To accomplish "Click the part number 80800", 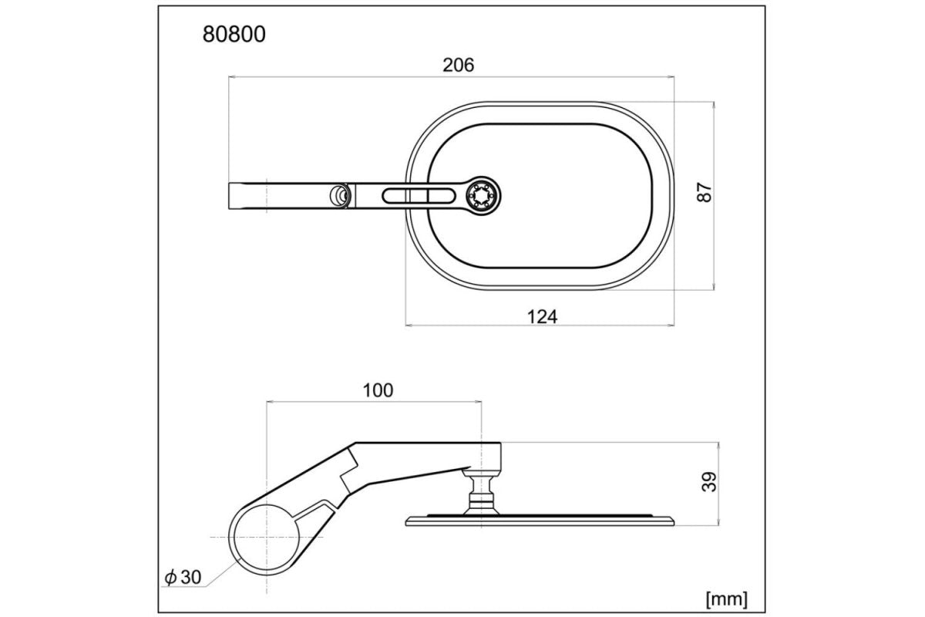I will click(234, 35).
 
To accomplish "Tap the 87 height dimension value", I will click(703, 192).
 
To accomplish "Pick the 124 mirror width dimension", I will click(543, 315).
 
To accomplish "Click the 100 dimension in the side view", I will click(377, 389).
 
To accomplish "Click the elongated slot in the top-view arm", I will click(416, 195).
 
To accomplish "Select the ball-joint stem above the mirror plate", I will click(480, 494).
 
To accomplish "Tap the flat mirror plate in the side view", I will click(540, 521).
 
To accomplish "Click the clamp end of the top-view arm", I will click(247, 195).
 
